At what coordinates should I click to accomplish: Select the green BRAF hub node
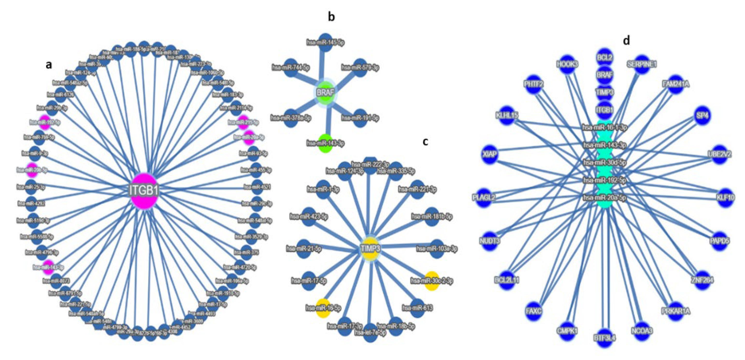[x=326, y=93]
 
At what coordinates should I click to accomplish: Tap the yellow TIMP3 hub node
[x=370, y=249]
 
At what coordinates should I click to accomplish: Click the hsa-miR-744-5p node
[x=291, y=68]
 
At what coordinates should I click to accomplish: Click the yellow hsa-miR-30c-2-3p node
[x=432, y=280]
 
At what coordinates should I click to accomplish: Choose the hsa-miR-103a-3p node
[x=437, y=249]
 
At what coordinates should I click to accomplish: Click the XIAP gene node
[x=490, y=154]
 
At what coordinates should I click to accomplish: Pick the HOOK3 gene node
[x=567, y=64]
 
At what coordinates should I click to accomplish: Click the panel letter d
[x=626, y=41]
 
